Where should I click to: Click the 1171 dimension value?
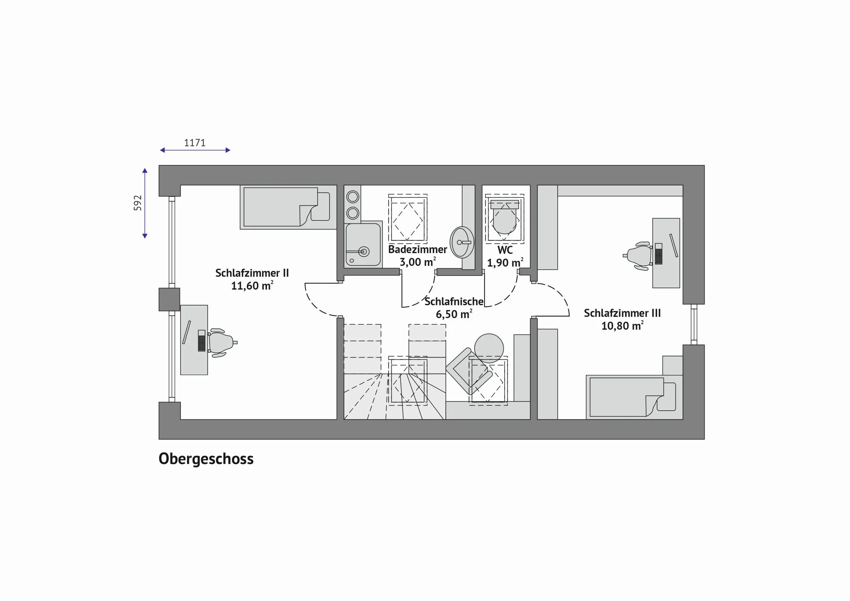pyautogui.click(x=195, y=142)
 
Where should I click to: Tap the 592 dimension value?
pyautogui.click(x=138, y=203)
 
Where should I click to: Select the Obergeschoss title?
pyautogui.click(x=206, y=459)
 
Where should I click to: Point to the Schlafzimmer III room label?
pyautogui.click(x=622, y=313)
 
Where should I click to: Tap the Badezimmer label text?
pyautogui.click(x=418, y=250)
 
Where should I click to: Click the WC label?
pyautogui.click(x=505, y=250)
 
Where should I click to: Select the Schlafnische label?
pyautogui.click(x=454, y=302)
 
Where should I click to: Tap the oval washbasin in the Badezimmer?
pyautogui.click(x=462, y=242)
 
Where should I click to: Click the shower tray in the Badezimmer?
pyautogui.click(x=363, y=245)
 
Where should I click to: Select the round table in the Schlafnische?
pyautogui.click(x=489, y=348)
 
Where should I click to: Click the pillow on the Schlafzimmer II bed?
pyautogui.click(x=320, y=206)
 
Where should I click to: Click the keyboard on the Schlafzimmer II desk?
pyautogui.click(x=201, y=341)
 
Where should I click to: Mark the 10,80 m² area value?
pyautogui.click(x=622, y=326)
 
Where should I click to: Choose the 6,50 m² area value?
pyautogui.click(x=454, y=314)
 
